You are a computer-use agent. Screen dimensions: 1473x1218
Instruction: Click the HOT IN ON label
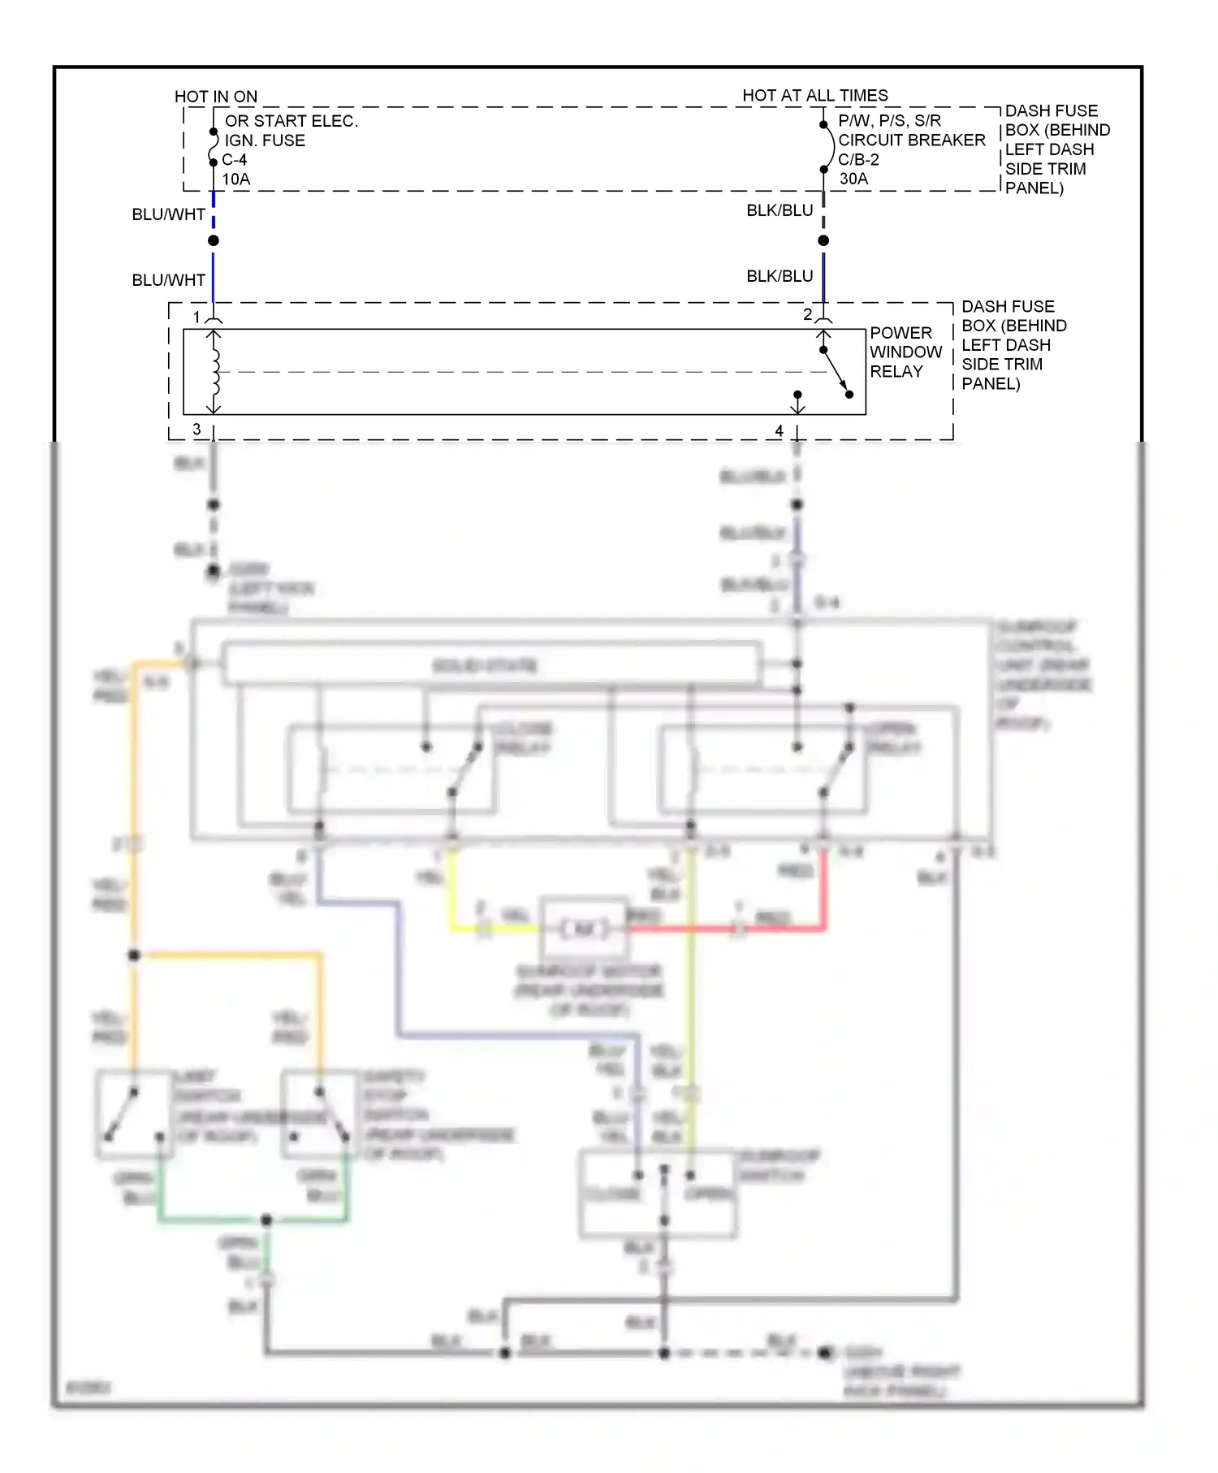[x=215, y=97]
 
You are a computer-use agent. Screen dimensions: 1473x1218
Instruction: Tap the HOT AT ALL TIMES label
[x=814, y=96]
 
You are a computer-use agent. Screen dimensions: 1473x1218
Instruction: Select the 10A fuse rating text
[x=236, y=179]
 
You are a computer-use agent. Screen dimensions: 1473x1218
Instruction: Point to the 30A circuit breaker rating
[x=853, y=179]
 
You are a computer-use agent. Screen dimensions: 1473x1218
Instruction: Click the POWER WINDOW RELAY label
[x=905, y=352]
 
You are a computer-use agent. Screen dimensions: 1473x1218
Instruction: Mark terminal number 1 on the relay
[x=197, y=317]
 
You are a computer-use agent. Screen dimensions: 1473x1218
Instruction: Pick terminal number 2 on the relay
[x=807, y=314]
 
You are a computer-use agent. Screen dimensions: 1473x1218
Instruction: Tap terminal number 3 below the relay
[x=197, y=429]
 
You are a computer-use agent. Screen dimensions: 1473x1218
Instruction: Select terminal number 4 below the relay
[x=779, y=430]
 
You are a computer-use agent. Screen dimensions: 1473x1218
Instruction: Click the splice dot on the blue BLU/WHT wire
[x=214, y=240]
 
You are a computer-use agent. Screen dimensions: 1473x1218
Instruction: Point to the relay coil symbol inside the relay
[x=215, y=372]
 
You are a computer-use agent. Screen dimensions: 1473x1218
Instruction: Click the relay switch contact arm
[x=836, y=372]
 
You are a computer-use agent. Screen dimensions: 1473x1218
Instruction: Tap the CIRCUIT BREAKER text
[x=911, y=140]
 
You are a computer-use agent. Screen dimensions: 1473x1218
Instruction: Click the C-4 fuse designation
[x=235, y=160]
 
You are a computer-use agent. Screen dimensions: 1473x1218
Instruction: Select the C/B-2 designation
[x=858, y=160]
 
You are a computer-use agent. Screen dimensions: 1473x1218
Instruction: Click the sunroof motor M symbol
[x=585, y=928]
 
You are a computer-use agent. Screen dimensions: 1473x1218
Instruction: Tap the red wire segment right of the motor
[x=715, y=927]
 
